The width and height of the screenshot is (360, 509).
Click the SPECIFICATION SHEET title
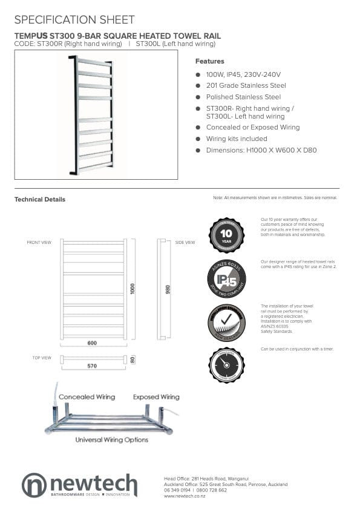74,20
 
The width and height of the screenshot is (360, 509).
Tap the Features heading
209,61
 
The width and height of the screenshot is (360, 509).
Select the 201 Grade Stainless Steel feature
246,85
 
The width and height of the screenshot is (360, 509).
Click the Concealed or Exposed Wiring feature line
252,128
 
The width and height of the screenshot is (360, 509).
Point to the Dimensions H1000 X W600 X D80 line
261,150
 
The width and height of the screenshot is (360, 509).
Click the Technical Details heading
40,199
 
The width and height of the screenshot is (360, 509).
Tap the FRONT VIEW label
39,243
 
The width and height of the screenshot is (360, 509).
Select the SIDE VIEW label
185,243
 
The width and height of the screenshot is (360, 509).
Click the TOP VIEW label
41,358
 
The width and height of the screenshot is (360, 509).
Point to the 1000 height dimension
133,288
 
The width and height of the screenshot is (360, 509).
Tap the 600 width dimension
92,343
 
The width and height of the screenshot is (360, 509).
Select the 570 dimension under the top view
92,366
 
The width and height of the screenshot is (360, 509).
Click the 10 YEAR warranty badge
226,234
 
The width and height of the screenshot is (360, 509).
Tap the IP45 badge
226,278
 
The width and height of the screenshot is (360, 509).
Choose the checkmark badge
226,322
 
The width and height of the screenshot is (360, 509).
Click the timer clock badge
226,365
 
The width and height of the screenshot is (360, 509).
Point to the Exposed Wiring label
156,397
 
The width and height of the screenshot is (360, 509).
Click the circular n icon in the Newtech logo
34,485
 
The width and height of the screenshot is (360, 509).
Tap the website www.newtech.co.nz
185,496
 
